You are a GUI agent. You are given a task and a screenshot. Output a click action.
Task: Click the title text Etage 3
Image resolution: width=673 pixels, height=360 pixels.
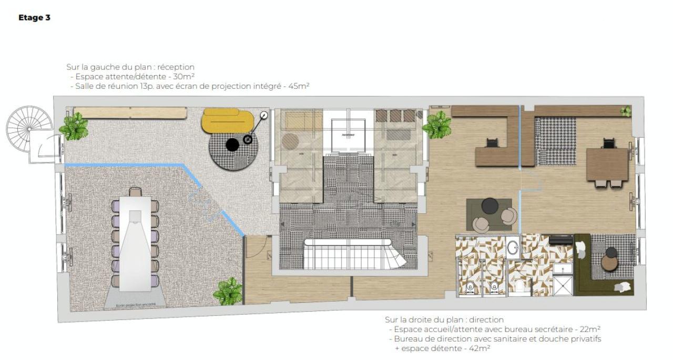tap(34, 18)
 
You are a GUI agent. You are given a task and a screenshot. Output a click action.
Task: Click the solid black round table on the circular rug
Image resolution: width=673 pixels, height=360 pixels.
tap(232, 145)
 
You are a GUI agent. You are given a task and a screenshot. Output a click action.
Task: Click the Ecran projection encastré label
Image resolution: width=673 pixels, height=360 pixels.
tap(136, 304)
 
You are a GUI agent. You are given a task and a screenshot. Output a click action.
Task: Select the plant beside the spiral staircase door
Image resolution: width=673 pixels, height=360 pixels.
tap(74, 126)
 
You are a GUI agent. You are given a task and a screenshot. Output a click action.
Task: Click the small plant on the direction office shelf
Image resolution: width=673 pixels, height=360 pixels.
tap(625, 111)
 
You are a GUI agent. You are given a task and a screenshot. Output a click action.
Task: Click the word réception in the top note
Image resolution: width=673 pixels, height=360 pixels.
tap(176, 67)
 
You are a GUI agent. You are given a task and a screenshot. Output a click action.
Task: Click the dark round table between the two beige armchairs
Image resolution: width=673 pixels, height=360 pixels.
tap(490, 205)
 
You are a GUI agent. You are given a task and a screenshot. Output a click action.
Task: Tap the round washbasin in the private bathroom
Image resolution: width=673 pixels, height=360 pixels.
tap(513, 247)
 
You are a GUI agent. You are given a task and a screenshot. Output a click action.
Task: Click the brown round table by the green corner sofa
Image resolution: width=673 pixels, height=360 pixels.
tap(609, 262)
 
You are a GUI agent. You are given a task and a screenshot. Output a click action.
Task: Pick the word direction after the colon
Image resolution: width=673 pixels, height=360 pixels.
tap(486, 320)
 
